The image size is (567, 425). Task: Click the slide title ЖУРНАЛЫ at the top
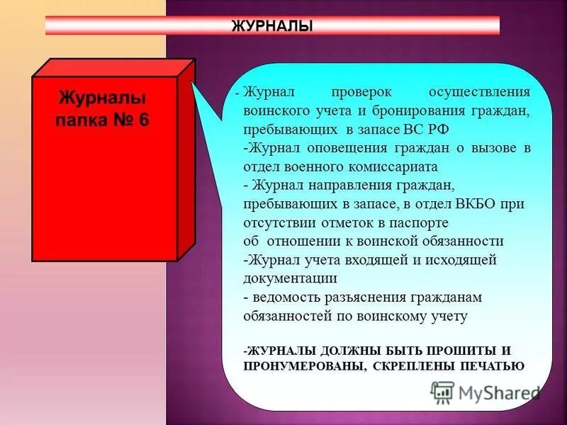272,26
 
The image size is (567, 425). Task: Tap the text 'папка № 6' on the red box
103,119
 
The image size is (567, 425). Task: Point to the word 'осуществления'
480,93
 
